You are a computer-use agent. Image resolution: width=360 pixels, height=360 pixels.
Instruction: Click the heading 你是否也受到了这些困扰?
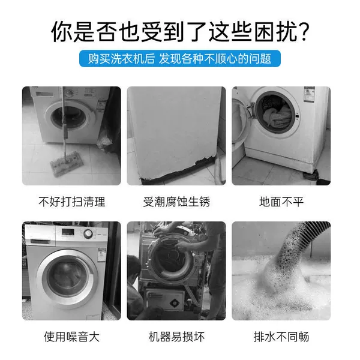point(180,32)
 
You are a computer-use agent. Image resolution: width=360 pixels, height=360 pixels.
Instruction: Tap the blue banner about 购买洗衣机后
point(180,59)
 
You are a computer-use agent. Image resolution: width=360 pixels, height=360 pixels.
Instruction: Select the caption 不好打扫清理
point(71,202)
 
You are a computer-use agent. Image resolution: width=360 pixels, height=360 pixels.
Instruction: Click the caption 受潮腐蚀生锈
point(176,202)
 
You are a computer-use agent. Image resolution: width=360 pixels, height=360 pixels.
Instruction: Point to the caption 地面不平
point(281,202)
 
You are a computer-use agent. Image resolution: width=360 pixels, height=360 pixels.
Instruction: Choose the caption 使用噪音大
point(71,337)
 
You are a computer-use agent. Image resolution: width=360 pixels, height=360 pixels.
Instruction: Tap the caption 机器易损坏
point(176,337)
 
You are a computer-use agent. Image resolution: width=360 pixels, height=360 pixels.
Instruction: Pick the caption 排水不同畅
point(281,337)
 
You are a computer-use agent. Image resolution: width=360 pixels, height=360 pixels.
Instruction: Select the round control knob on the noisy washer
point(88,234)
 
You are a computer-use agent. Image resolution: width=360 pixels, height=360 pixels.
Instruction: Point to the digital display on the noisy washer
point(68,232)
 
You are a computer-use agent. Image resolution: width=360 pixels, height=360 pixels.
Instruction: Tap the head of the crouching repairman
point(134,267)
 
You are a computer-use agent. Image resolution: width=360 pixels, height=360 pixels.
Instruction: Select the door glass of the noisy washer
point(67,279)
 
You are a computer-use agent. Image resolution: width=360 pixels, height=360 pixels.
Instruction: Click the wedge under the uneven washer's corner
point(311,176)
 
